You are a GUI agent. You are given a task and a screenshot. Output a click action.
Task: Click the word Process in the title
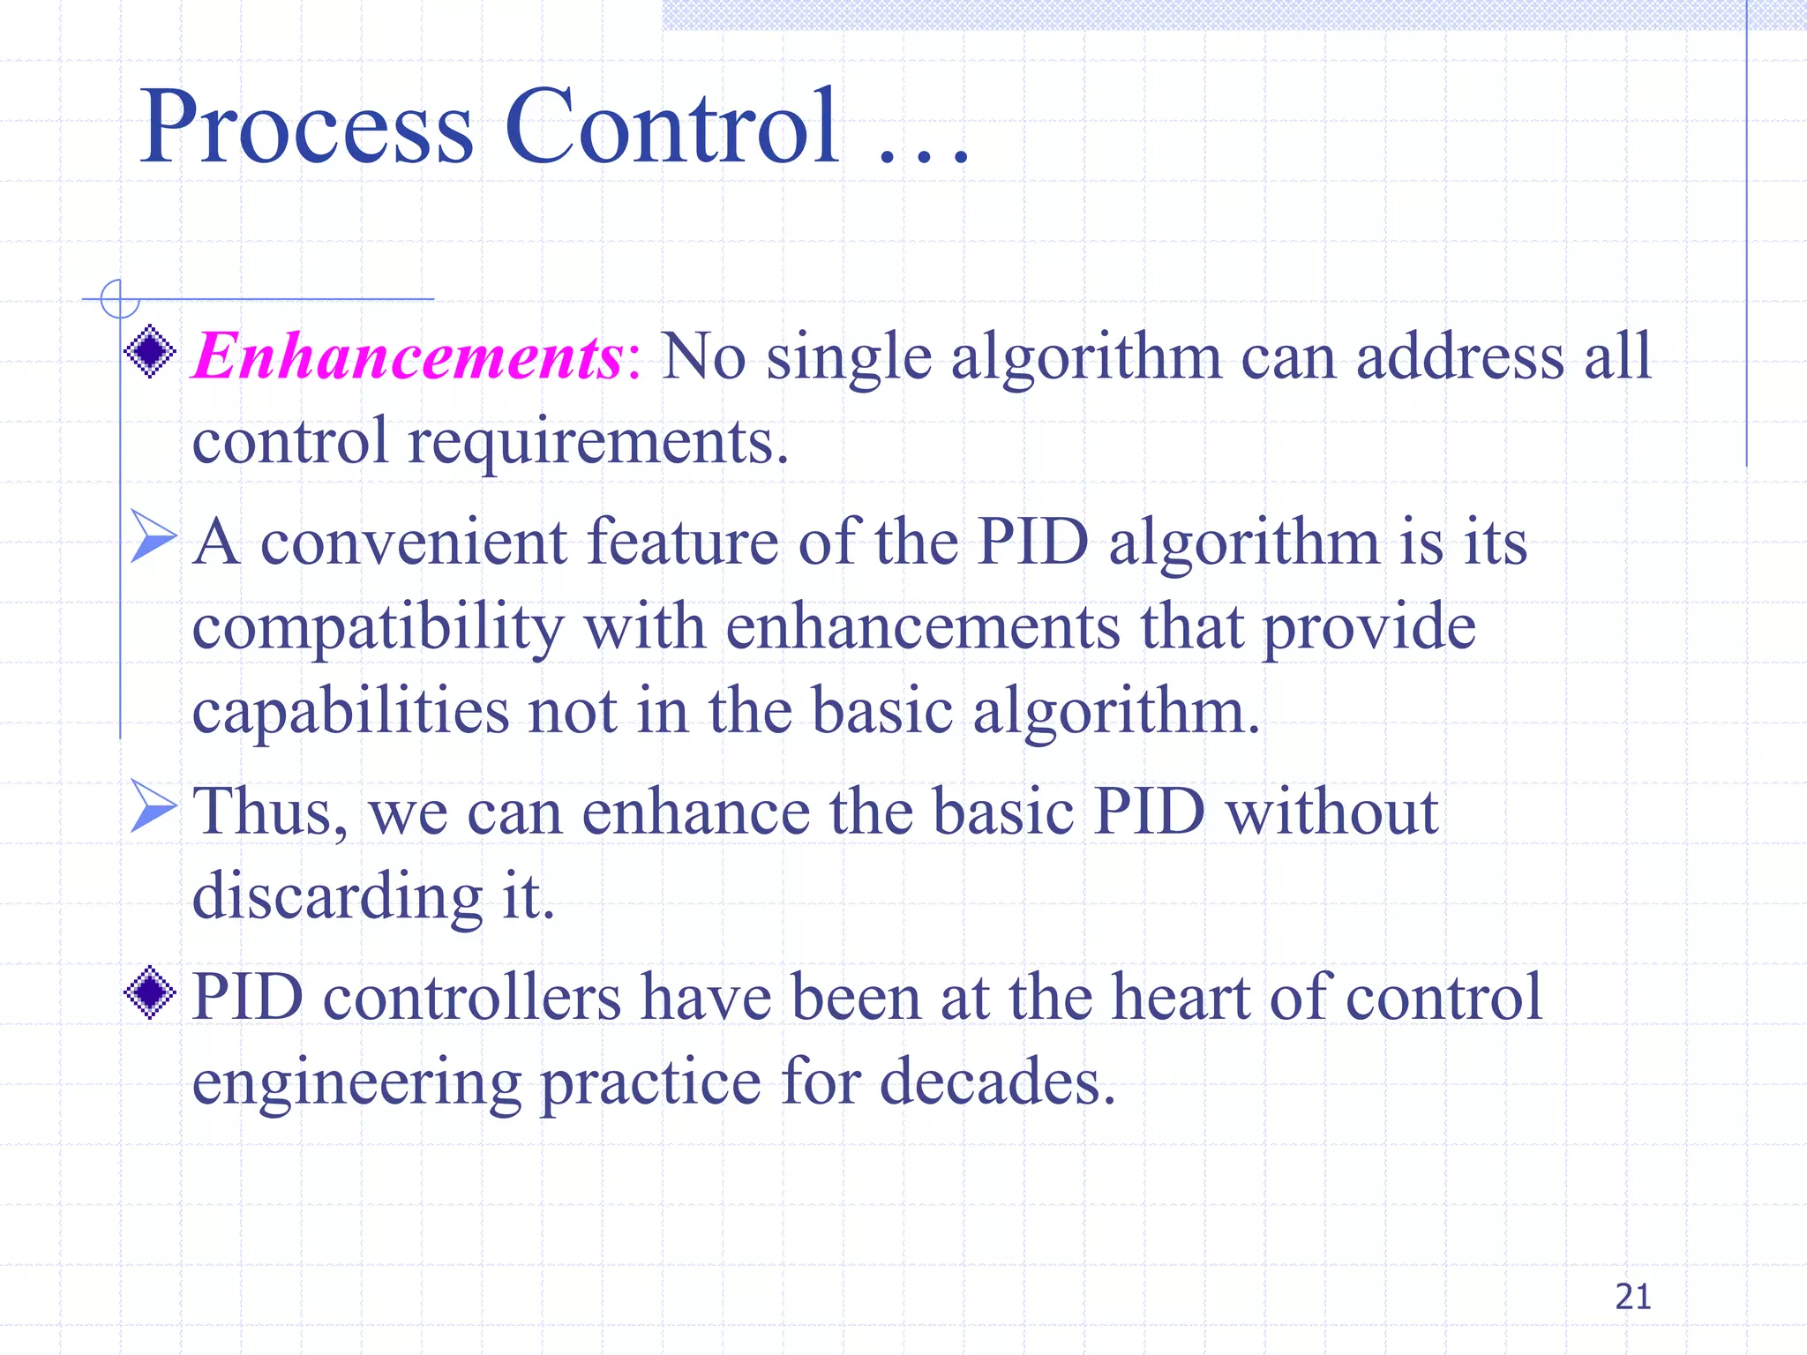[306, 128]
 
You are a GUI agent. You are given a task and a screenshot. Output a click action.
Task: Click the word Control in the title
[671, 128]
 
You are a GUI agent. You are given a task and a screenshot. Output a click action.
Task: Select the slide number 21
[1632, 1297]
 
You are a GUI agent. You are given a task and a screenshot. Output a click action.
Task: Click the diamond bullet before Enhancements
[151, 352]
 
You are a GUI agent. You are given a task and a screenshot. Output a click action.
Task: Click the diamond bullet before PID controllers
[151, 992]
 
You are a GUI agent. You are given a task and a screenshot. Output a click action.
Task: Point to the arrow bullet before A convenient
[153, 535]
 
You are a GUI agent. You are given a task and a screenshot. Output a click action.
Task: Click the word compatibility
[378, 629]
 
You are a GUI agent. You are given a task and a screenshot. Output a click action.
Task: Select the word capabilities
[349, 711]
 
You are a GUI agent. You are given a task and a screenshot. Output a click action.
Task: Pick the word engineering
[356, 1083]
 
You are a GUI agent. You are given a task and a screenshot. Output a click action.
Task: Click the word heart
[1180, 998]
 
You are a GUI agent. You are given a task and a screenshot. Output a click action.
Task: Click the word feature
[682, 542]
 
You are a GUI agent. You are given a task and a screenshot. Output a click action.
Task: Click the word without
[1332, 812]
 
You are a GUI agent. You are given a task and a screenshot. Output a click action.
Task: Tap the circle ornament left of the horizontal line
[120, 299]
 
